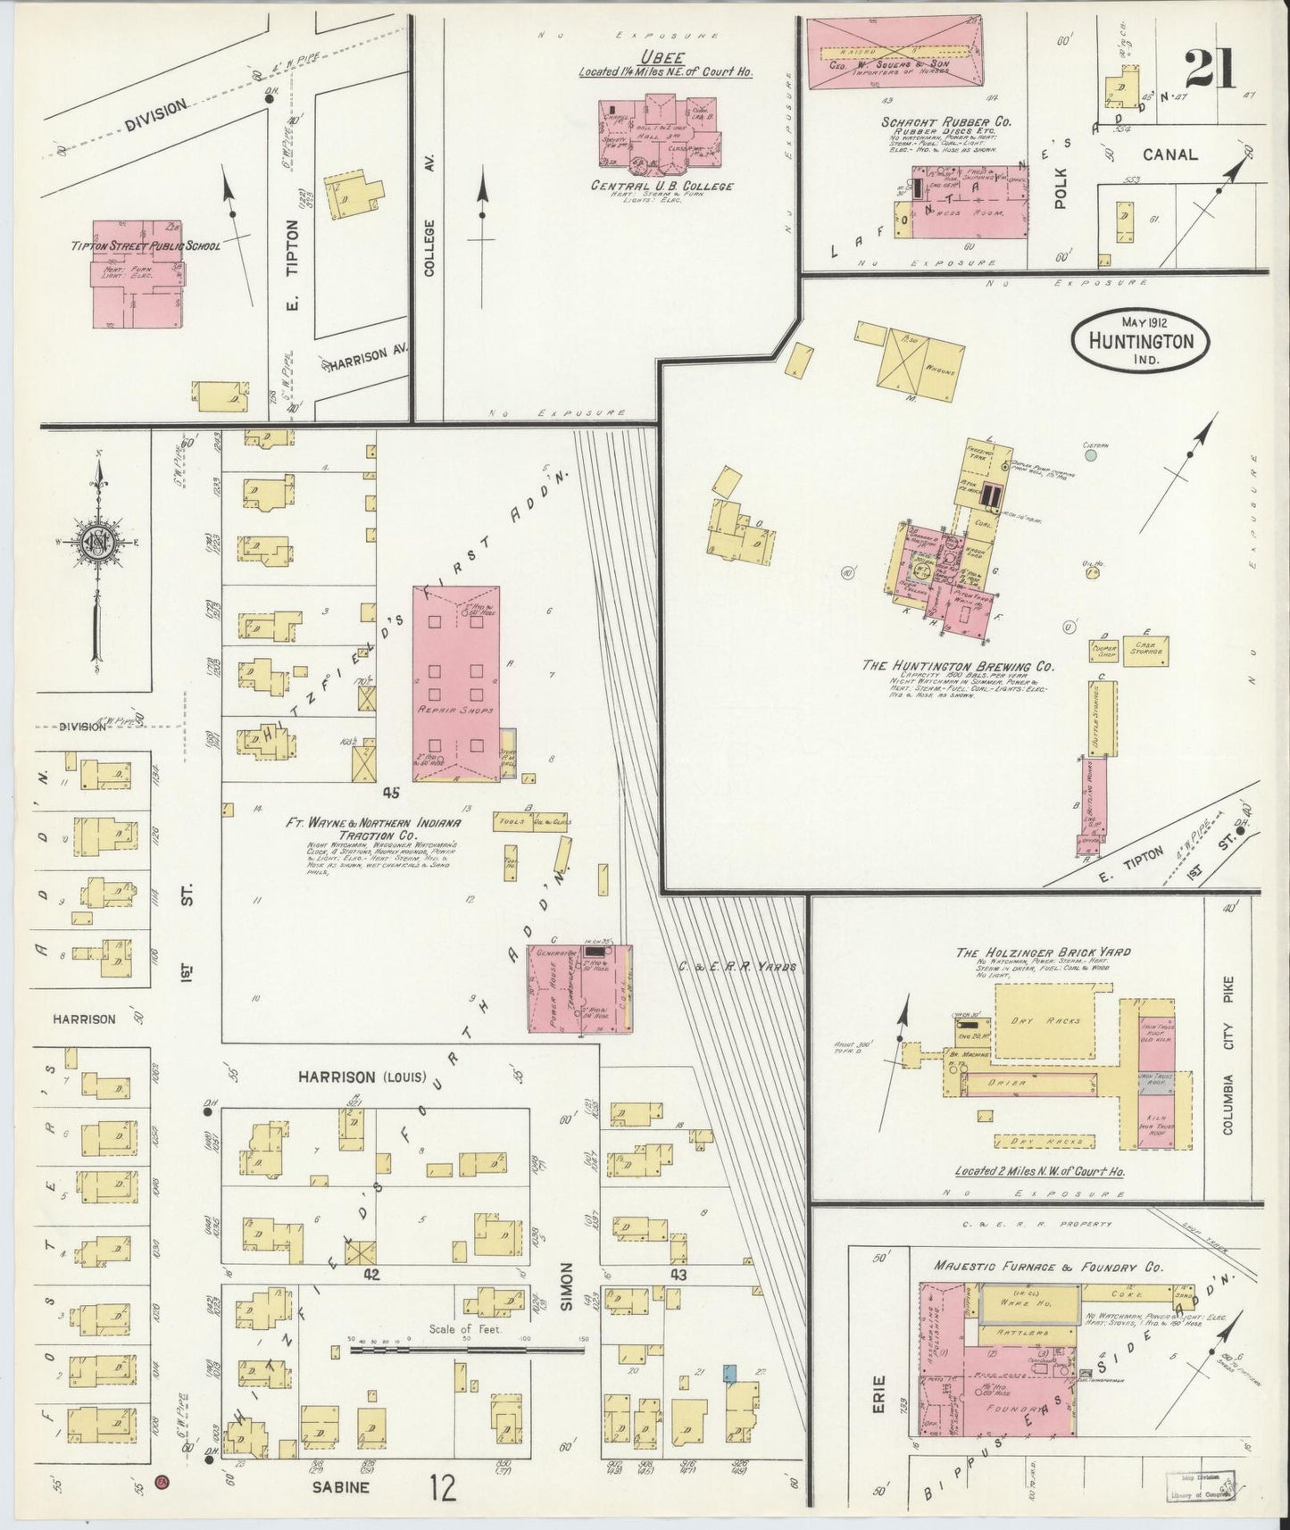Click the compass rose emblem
pyautogui.click(x=96, y=542)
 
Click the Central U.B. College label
pyautogui.click(x=662, y=186)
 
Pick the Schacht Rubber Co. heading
pyautogui.click(x=933, y=121)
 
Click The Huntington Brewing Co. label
pyautogui.click(x=958, y=666)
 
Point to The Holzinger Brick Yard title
pyautogui.click(x=1043, y=952)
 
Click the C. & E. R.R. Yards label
pyautogui.click(x=737, y=966)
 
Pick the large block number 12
pyautogui.click(x=442, y=1487)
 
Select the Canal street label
pyautogui.click(x=1169, y=154)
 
